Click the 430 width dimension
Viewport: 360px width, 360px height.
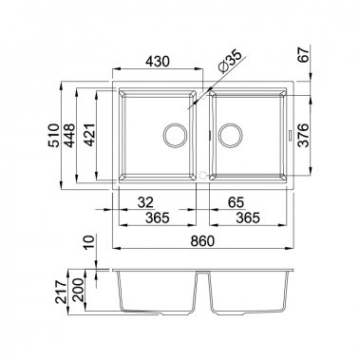tap(158, 61)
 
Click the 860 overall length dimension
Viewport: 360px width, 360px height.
tap(202, 239)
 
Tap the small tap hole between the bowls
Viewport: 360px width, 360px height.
tap(202, 175)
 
